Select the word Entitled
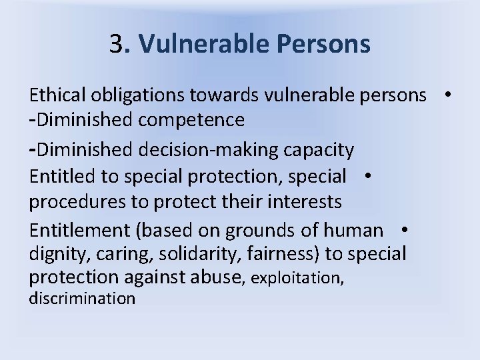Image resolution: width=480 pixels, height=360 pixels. (x=59, y=177)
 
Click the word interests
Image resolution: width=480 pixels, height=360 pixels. (x=303, y=201)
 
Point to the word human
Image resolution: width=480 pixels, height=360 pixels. (x=353, y=231)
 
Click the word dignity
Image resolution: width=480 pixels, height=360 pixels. (x=55, y=255)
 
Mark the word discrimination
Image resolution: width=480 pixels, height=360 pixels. (x=82, y=298)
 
